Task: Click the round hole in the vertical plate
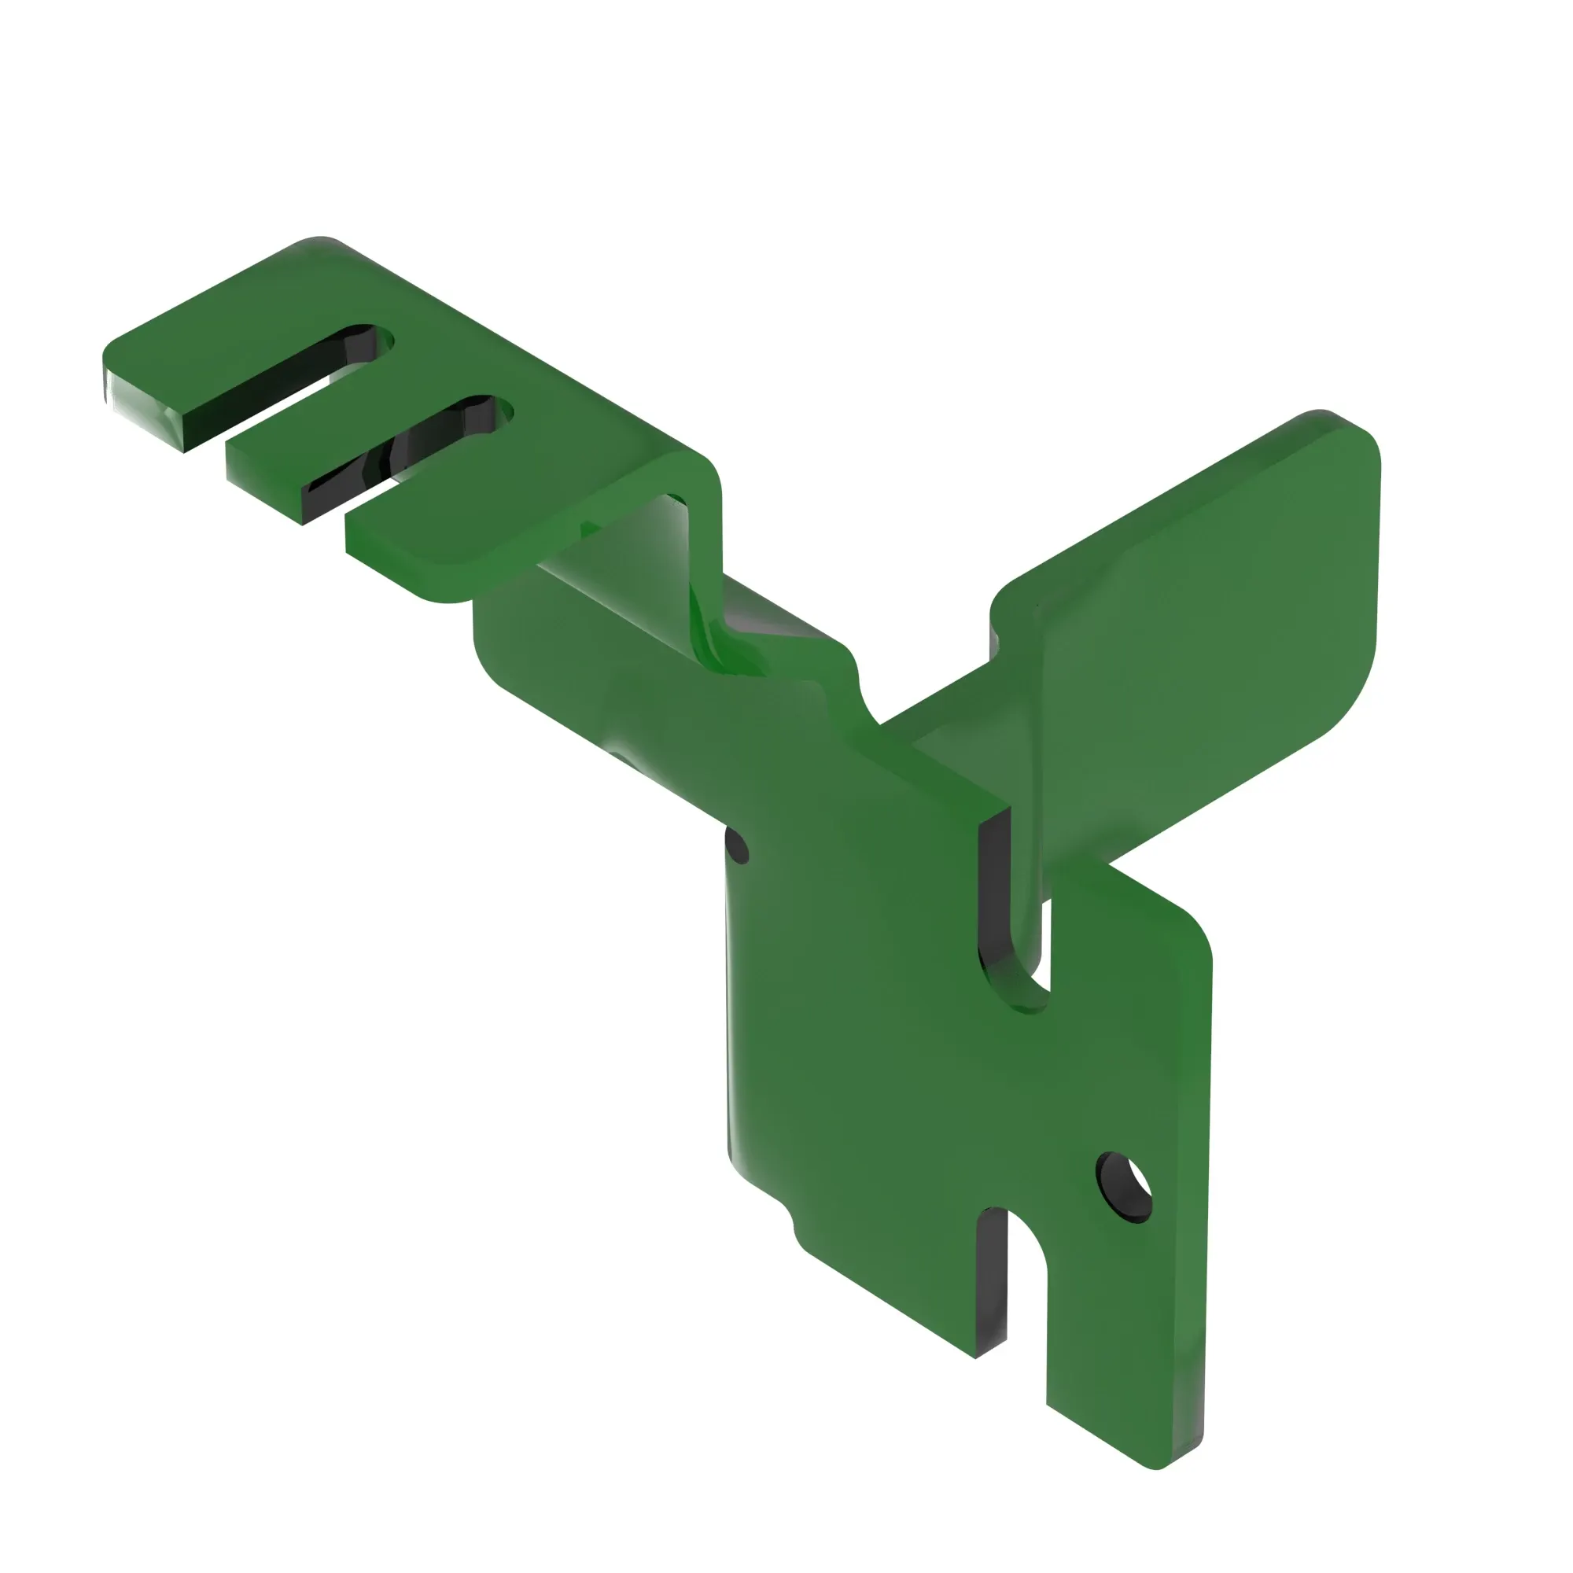pos(1125,1188)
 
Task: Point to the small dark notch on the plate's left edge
pos(738,847)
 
